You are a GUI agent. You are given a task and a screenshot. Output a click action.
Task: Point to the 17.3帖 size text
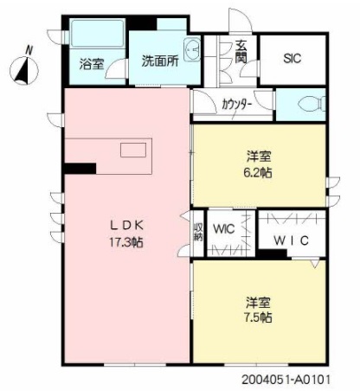[125, 243]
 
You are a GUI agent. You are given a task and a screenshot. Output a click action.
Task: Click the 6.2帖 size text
[259, 172]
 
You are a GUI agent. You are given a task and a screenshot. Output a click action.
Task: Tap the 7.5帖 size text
[259, 318]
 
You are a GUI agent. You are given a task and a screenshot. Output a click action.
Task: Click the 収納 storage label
[198, 231]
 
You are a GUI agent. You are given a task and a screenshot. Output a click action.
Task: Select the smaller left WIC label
[225, 230]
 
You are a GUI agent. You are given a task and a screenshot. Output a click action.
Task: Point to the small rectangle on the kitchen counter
[132, 151]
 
